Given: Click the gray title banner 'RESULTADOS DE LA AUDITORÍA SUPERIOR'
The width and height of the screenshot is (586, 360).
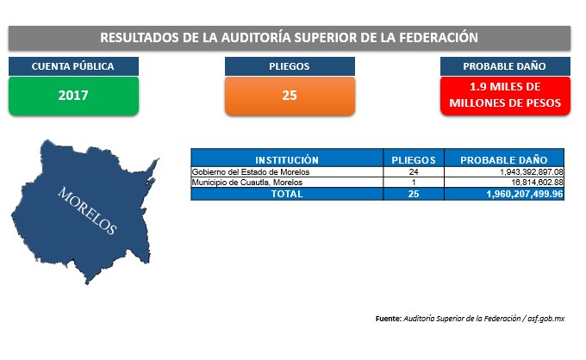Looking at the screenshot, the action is tap(290, 38).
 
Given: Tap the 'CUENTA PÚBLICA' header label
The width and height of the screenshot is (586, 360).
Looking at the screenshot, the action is tap(73, 66).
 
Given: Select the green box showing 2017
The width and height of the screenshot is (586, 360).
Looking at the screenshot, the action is tap(73, 96).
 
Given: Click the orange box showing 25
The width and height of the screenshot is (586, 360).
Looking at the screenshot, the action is tap(290, 96).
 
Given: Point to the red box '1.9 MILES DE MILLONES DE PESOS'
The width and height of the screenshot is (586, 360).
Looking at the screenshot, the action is tap(505, 96).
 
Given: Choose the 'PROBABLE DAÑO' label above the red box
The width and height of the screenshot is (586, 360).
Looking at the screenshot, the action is tap(505, 66).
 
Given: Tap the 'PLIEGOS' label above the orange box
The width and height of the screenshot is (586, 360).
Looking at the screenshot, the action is tap(290, 66).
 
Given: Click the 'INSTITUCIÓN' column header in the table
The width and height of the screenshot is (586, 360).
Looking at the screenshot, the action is tap(287, 160).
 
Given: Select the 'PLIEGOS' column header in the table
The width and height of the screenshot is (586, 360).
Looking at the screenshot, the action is tap(414, 160).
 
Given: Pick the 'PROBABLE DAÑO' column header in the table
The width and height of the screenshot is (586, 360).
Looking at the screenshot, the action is tap(504, 160).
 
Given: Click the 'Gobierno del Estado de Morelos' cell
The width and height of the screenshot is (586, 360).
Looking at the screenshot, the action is tap(251, 172).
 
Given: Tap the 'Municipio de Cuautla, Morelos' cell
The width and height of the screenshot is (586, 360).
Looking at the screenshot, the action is tap(247, 183).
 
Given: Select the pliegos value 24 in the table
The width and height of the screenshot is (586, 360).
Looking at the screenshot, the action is tap(414, 172).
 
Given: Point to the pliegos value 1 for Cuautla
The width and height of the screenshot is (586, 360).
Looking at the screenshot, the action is tap(414, 183).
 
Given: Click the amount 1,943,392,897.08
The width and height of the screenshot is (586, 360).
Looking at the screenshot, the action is tap(532, 172).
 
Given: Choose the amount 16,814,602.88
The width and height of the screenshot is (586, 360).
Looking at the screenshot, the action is tap(537, 183).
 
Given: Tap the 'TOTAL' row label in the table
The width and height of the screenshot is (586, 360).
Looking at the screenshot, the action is tap(287, 194).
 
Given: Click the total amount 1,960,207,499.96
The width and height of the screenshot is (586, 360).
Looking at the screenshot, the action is tap(525, 194).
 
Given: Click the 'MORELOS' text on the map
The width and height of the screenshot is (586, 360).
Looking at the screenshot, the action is tap(87, 211).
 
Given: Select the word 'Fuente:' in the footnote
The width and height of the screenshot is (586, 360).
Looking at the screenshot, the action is tap(389, 319).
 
